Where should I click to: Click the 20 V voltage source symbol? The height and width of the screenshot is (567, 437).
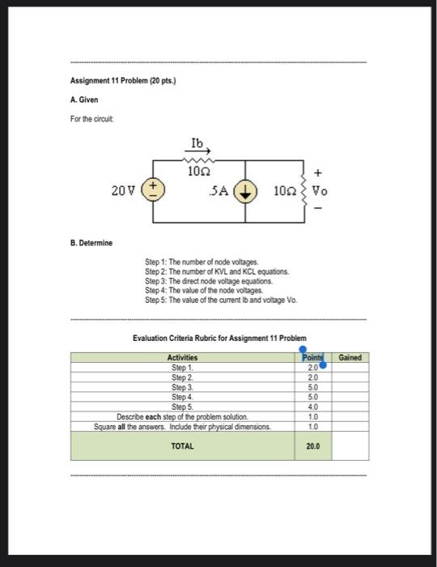[154, 191]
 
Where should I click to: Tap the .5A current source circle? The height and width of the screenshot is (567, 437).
[245, 193]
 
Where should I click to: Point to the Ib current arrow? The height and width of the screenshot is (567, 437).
[200, 150]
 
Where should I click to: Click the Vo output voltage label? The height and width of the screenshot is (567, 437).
[321, 193]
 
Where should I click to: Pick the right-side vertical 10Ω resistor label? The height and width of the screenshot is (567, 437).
[286, 193]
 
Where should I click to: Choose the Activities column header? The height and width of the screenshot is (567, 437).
[182, 357]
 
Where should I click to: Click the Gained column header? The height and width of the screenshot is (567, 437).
[350, 357]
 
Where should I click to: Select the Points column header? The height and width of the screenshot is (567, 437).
[312, 357]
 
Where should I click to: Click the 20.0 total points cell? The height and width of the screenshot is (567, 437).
[313, 446]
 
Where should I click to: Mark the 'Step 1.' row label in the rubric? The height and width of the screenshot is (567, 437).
[182, 367]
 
